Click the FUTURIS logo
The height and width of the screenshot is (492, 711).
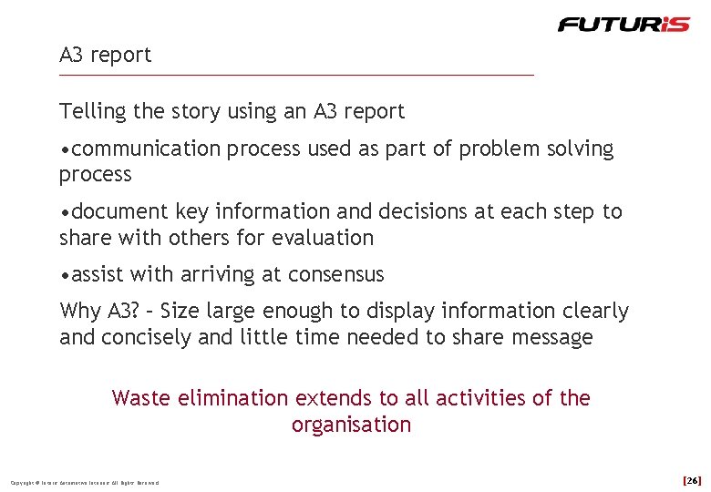623,24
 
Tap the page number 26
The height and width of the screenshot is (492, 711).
692,479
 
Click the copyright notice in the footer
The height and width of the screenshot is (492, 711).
84,482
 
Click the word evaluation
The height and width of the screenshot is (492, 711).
326,238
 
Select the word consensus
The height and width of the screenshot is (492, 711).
336,274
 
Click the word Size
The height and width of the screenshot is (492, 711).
184,311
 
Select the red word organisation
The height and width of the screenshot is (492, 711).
351,425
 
